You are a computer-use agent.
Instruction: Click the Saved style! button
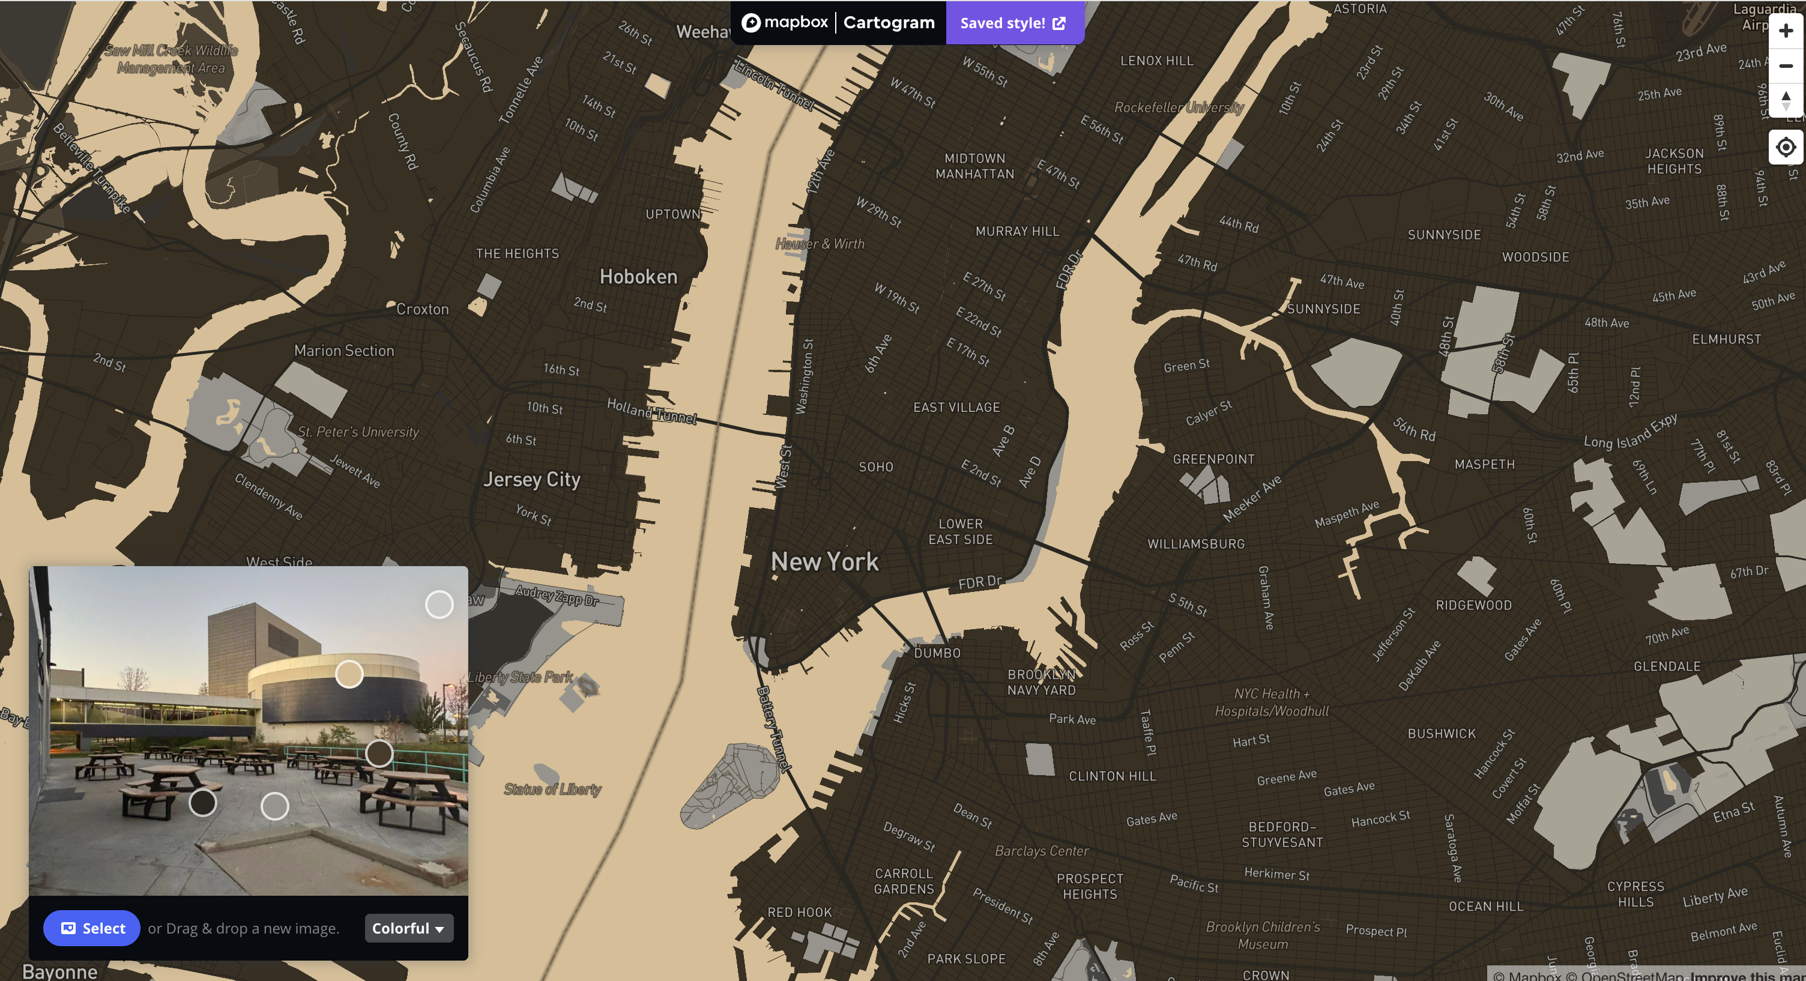[1013, 23]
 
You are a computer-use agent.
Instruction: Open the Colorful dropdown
[408, 928]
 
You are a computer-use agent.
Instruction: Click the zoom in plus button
[1785, 31]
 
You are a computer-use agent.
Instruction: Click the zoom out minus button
[1785, 66]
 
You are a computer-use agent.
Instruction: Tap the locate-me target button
[1785, 147]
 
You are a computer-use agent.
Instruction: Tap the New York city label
[824, 562]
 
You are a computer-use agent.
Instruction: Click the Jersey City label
[531, 480]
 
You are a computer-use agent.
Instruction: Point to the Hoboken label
[638, 277]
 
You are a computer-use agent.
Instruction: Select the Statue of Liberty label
[552, 789]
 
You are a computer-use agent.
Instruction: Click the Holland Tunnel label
[651, 411]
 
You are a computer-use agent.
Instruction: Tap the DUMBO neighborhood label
[937, 653]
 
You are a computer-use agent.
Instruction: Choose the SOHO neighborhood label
[875, 467]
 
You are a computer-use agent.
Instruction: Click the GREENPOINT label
[1213, 459]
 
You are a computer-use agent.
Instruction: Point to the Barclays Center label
[1041, 851]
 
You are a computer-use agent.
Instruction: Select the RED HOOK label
[799, 913]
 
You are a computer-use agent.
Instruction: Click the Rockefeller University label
[1179, 107]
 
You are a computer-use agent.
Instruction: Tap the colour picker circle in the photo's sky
[439, 605]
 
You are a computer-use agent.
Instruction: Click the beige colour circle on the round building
[349, 675]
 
